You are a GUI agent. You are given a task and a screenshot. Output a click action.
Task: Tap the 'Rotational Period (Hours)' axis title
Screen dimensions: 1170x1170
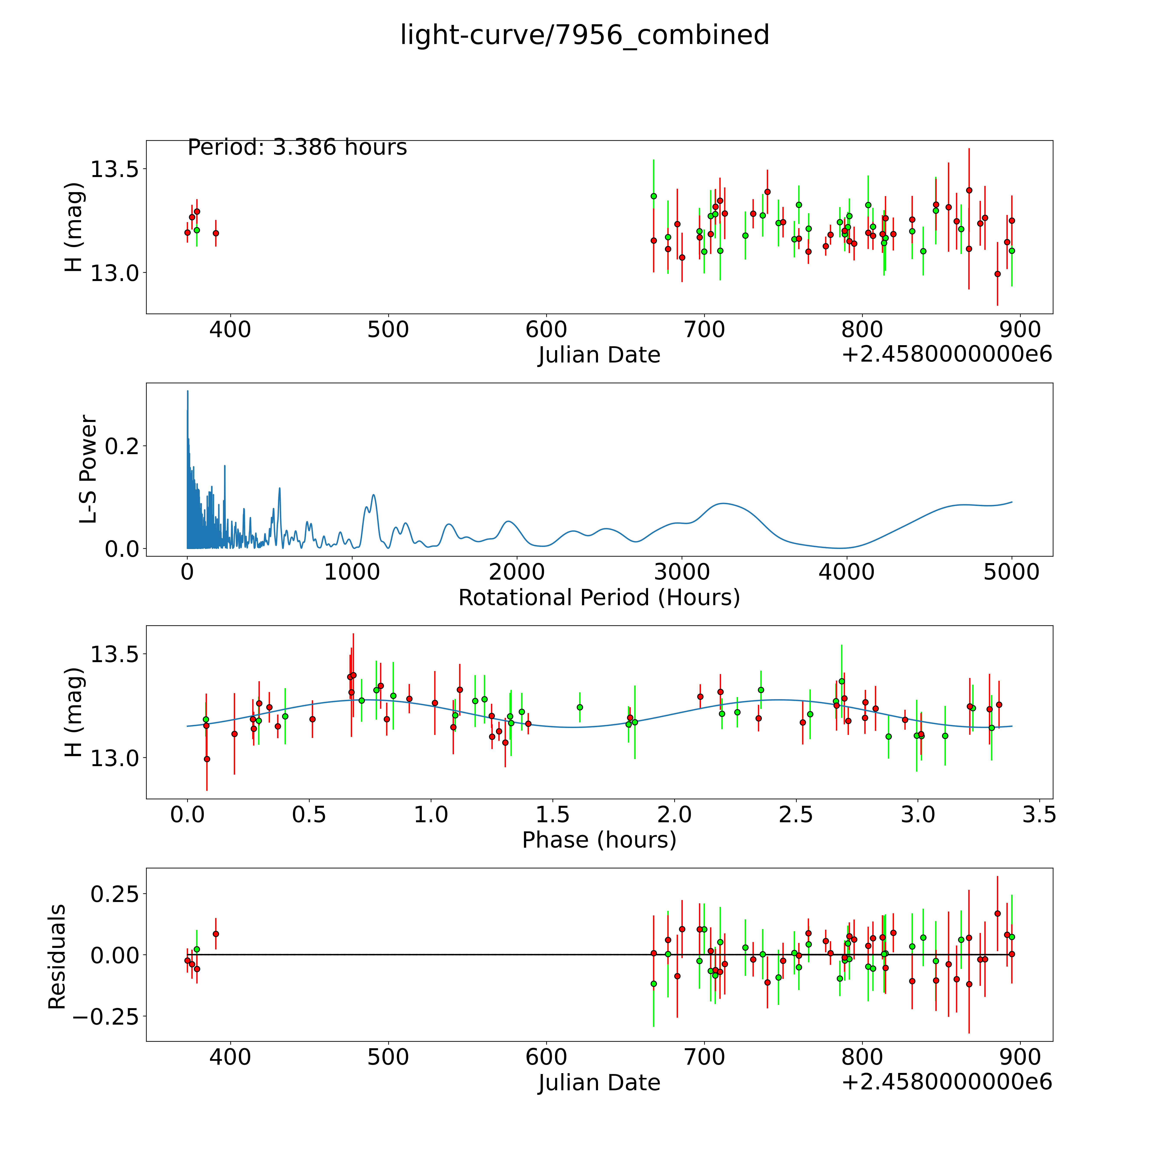point(599,598)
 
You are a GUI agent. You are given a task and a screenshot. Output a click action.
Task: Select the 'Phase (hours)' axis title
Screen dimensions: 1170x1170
point(599,840)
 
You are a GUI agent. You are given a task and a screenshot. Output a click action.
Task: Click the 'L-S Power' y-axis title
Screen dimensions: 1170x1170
point(88,469)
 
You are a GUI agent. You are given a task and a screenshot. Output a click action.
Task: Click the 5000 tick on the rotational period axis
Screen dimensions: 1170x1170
point(1011,572)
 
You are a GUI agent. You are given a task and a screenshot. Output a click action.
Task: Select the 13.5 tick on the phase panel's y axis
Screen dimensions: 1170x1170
point(114,655)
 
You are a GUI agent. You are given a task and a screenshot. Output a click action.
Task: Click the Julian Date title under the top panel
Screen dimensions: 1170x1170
point(599,355)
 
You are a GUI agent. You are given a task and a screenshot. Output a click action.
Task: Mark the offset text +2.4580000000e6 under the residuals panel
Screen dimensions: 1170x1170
point(947,1082)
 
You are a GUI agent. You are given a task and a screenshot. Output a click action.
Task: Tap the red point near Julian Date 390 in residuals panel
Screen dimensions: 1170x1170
point(216,934)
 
